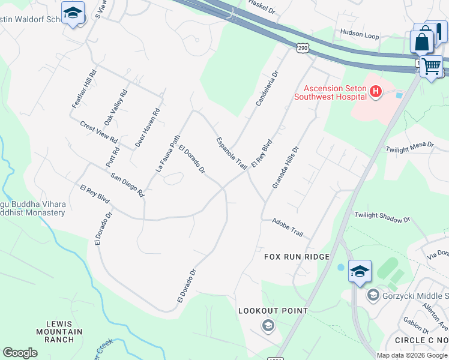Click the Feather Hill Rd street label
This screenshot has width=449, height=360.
tap(85, 89)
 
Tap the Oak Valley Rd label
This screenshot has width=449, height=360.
tap(116, 107)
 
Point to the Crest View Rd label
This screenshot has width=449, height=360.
tap(99, 131)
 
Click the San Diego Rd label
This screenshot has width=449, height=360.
tap(128, 185)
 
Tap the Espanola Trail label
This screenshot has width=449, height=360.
tap(232, 152)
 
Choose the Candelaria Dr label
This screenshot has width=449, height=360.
tap(267, 89)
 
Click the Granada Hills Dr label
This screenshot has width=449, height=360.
tap(285, 167)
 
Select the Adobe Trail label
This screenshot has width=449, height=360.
tap(288, 227)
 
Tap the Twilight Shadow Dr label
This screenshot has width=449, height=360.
tap(382, 217)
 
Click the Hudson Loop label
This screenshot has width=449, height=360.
tap(360, 35)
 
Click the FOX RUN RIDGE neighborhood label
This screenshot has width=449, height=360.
tap(297, 257)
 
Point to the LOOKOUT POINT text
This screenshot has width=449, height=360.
tap(273, 311)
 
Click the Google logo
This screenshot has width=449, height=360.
tap(20, 353)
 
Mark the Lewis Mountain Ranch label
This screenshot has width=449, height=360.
tap(59, 332)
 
